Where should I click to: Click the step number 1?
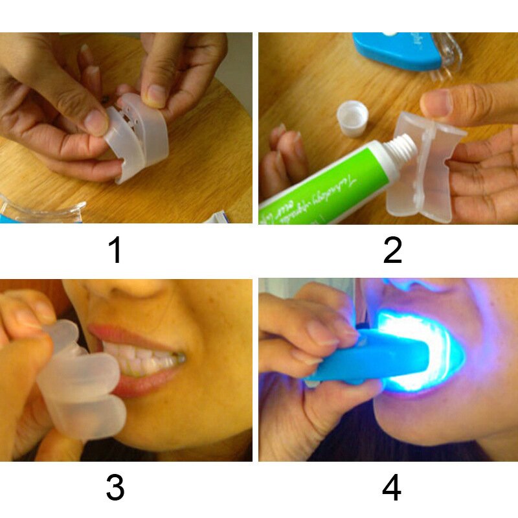(115, 251)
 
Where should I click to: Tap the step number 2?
(392, 251)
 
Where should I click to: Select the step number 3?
(115, 488)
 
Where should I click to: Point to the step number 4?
(392, 488)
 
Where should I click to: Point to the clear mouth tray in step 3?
(78, 382)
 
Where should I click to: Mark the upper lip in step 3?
(129, 335)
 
